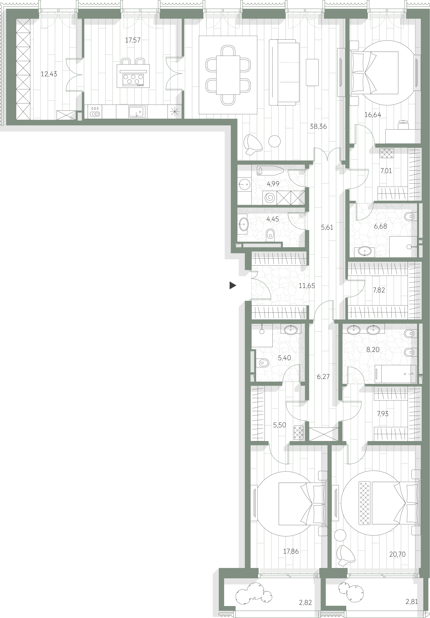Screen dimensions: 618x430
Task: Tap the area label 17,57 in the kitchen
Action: [x=133, y=40]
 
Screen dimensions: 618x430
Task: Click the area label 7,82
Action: [x=379, y=290]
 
